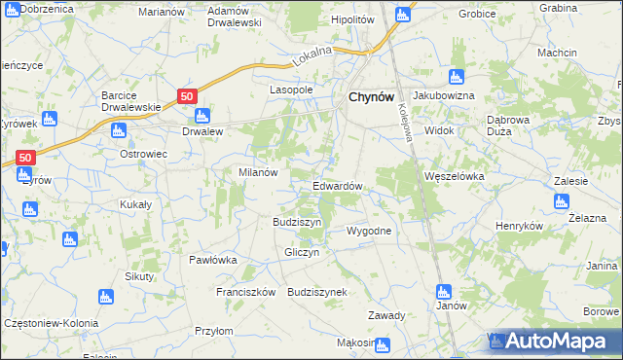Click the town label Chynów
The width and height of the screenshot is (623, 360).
[370, 97]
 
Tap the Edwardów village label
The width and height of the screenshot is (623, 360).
[338, 186]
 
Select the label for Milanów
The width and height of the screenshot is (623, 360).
[259, 172]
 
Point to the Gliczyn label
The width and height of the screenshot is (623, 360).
[301, 252]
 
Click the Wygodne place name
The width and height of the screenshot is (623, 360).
[369, 232]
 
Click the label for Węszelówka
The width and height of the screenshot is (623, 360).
[455, 176]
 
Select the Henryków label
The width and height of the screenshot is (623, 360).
[516, 226]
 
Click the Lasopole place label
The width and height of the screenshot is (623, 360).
[290, 90]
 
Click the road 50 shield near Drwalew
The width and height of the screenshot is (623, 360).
[188, 94]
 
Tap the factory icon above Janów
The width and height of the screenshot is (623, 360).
[444, 290]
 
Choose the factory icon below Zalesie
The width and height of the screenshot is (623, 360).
[560, 201]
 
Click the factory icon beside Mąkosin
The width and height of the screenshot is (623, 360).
[383, 343]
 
